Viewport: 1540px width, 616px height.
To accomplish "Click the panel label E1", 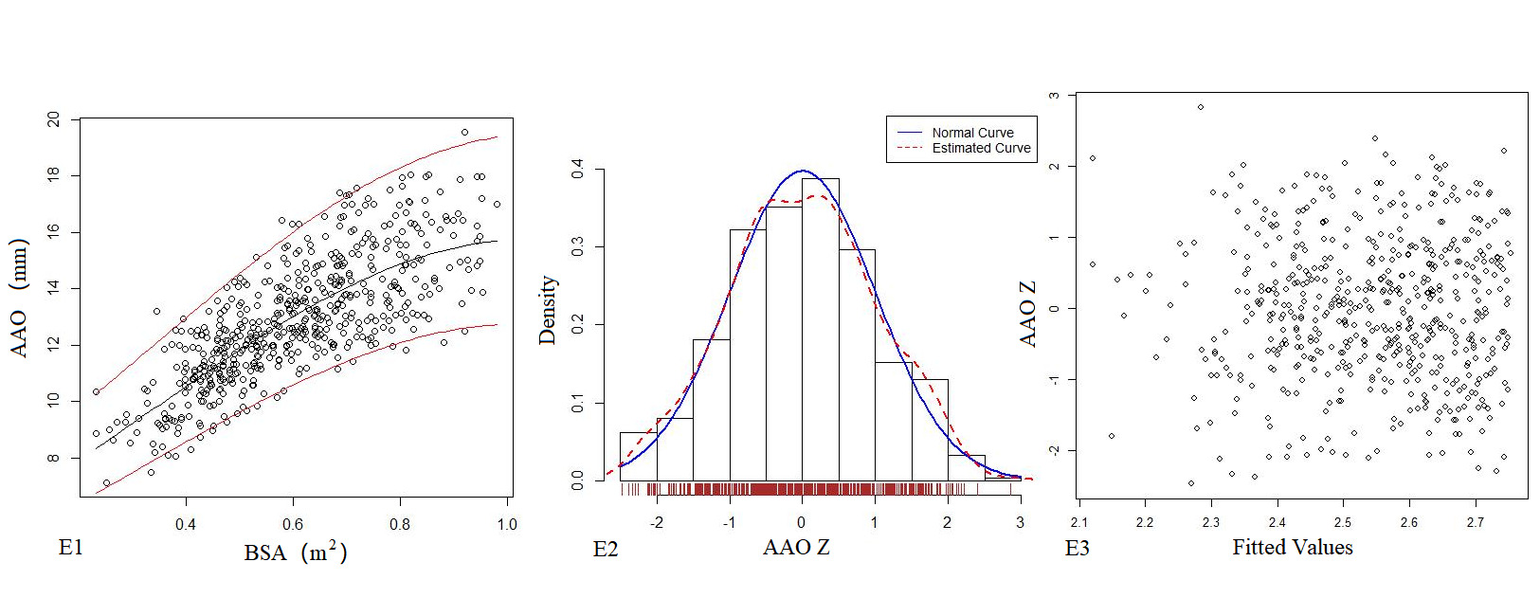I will pos(71,548).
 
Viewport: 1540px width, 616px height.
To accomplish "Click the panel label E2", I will pos(606,550).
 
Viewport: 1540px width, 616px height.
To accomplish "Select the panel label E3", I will pos(1078,549).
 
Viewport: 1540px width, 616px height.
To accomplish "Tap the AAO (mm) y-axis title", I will pos(20,298).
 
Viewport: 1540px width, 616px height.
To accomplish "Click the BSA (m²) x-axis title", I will pos(295,552).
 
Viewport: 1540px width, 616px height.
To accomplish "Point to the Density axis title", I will pos(547,310).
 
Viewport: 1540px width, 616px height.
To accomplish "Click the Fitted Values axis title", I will pos(1292,547).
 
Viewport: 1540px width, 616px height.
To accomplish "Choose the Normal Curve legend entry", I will pos(972,133).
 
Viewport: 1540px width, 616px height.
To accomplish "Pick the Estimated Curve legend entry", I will pos(981,149).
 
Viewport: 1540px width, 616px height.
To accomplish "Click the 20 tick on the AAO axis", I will pos(54,119).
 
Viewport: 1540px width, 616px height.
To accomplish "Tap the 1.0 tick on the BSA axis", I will pos(506,524).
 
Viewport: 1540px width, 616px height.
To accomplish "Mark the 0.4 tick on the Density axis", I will pos(578,170).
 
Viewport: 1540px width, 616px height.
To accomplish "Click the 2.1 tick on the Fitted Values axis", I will pos(1078,522).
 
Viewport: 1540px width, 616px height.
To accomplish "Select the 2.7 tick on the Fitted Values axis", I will pos(1475,522).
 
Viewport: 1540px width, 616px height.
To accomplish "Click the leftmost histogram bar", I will pos(638,457).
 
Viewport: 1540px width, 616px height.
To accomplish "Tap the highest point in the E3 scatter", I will pos(1200,107).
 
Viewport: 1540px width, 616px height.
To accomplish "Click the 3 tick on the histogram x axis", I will pos(1020,522).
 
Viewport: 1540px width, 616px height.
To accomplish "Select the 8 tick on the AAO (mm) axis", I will pos(54,458).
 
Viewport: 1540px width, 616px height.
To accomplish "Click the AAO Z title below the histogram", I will pos(796,548).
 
